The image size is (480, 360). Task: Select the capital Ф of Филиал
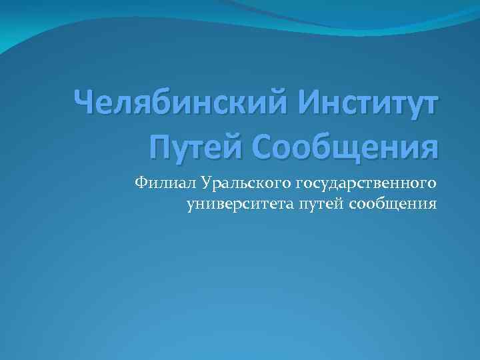click(x=140, y=181)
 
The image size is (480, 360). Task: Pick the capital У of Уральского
click(x=203, y=181)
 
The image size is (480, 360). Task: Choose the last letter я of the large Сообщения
click(x=428, y=146)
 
